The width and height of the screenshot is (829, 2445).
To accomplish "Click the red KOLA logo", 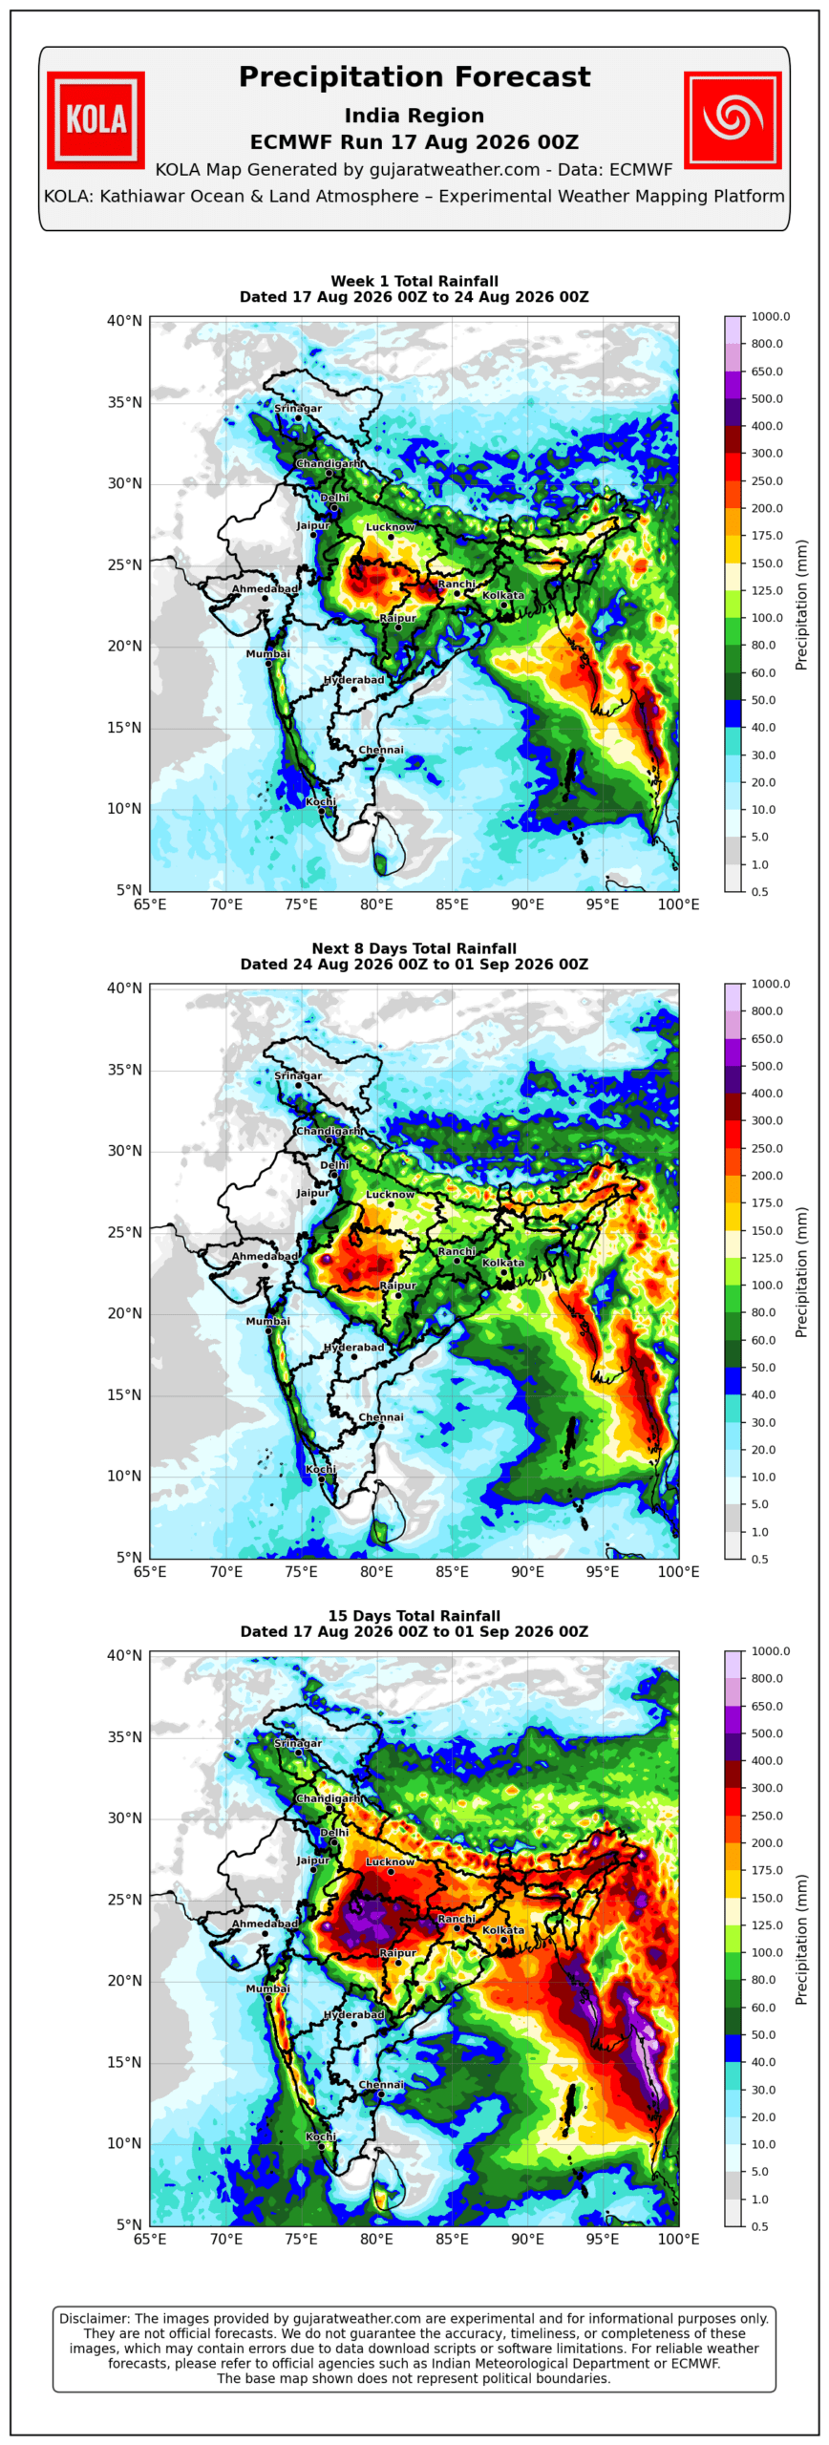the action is pos(96,119).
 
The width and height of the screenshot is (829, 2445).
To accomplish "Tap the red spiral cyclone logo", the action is pos(733,119).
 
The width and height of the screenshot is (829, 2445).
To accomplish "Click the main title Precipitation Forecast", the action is pos(414,76).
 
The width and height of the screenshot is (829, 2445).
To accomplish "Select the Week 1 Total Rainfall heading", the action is pos(414,281).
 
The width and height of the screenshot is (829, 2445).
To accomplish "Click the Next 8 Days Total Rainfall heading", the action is pos(414,948).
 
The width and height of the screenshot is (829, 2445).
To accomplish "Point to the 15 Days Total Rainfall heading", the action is pos(414,1616).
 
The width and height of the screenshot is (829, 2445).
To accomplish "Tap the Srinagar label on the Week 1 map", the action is pos(298,409).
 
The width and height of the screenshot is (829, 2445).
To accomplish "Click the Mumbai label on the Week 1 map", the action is pos(267,654).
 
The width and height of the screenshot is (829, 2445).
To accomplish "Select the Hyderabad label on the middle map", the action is pos(354,1348).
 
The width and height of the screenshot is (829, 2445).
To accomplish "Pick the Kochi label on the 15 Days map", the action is pos(321,2137).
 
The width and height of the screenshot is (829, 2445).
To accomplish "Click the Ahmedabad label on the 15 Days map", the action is pos(265,1924).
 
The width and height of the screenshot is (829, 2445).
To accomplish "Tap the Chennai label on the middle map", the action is pos(381,1417).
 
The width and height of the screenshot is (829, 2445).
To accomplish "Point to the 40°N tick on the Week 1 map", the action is pos(124,321).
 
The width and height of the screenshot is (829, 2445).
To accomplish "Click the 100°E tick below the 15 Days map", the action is pos(679,2239).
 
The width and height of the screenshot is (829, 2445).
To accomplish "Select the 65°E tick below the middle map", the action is pos(150,1571).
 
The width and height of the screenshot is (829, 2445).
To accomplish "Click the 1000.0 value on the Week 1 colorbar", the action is pos(771,316).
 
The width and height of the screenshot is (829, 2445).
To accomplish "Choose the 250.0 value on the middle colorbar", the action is pos(767,1148).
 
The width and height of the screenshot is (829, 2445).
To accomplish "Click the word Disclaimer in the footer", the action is pos(95,2318).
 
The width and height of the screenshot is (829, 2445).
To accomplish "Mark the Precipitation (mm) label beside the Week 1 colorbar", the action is pos(801,605).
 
